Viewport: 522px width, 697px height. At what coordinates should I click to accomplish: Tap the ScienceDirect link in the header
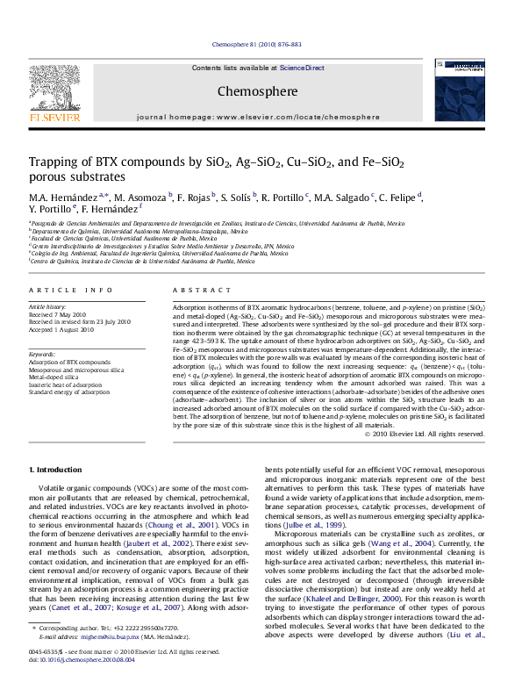tap(302, 68)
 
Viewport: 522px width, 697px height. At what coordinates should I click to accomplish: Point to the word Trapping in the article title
tap(54, 162)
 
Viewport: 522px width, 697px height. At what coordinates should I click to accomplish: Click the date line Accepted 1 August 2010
tap(63, 328)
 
